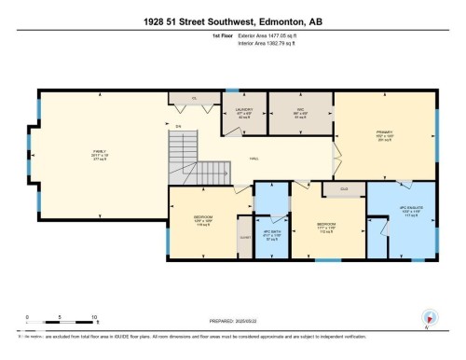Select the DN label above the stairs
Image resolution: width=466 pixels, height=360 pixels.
pyautogui.click(x=179, y=126)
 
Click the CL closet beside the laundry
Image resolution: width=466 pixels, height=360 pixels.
pyautogui.click(x=194, y=98)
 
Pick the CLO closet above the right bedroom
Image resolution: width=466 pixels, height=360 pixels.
pyautogui.click(x=332, y=188)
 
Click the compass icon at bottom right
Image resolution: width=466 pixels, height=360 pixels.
pyautogui.click(x=430, y=317)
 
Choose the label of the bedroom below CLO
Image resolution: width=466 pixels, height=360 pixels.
pyautogui.click(x=325, y=228)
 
